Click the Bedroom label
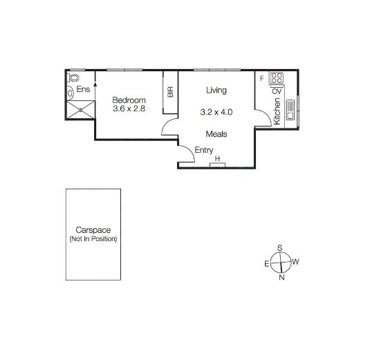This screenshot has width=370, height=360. click(129, 100)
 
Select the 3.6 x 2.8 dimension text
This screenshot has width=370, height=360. click(129, 110)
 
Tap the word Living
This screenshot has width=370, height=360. click(216, 91)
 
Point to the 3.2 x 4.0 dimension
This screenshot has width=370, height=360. click(216, 112)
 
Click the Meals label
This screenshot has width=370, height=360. click(216, 134)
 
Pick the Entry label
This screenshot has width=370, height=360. click(204, 151)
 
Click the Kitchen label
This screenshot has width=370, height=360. click(277, 111)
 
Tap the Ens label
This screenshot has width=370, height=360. click(84, 90)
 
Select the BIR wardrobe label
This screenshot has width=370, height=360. click(169, 91)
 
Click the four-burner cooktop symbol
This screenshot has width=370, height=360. click(277, 79)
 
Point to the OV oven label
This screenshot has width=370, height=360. click(277, 91)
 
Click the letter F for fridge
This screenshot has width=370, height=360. click(261, 78)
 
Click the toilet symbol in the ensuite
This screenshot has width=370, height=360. click(71, 92)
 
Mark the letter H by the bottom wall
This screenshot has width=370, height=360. click(218, 160)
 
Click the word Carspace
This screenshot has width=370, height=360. click(93, 231)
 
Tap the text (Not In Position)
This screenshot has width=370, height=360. click(93, 239)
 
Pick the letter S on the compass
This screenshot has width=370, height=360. click(279, 247)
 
